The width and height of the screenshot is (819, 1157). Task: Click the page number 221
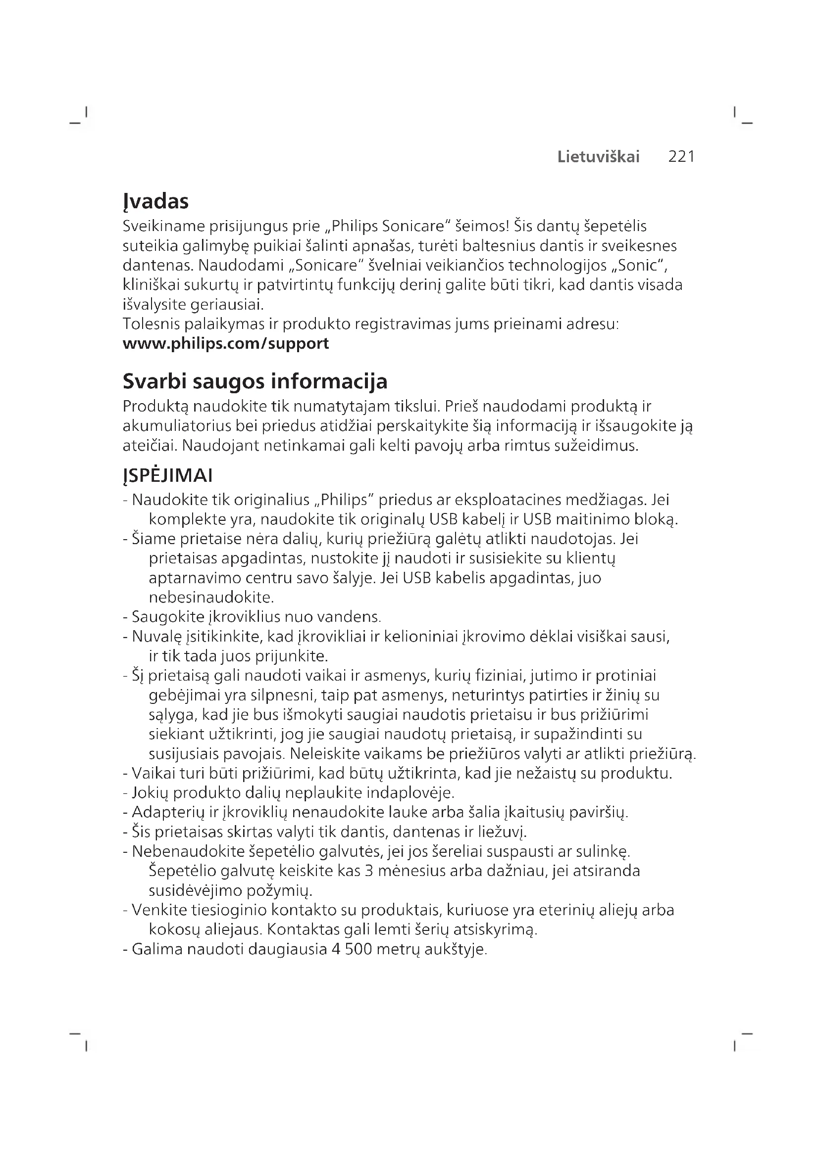(681, 157)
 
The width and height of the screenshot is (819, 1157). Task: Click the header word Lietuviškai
(598, 157)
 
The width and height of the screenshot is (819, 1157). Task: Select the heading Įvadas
(155, 201)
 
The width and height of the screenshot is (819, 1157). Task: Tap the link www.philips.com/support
(225, 344)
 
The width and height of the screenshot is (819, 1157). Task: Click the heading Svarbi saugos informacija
(255, 381)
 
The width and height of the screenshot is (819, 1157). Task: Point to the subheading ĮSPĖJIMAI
(167, 476)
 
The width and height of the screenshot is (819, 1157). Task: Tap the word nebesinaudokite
(211, 598)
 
